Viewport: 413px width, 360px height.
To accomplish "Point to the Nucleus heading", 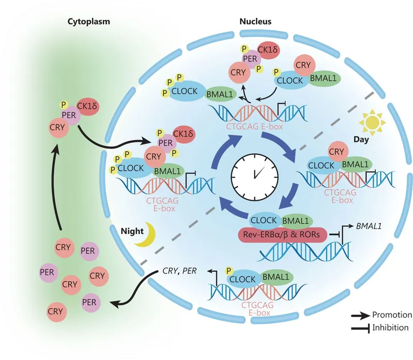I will [255, 22].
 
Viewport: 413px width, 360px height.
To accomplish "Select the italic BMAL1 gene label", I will [369, 225].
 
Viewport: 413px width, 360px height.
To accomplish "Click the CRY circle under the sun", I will [336, 151].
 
